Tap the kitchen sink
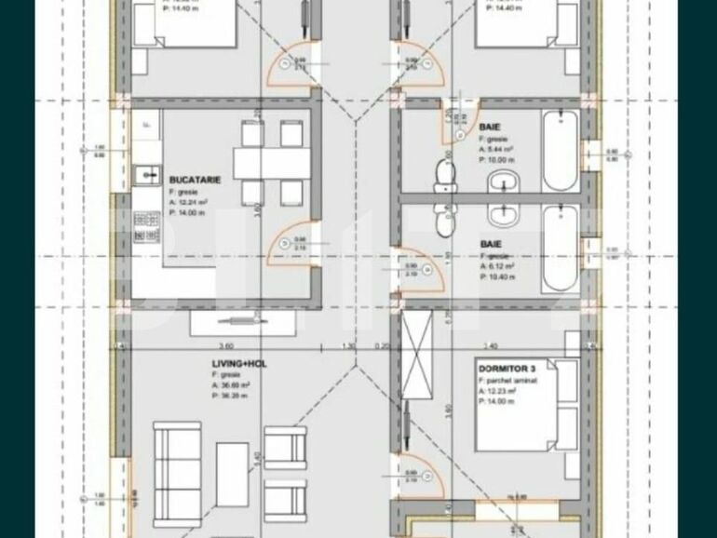[144, 173]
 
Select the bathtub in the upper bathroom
[561, 150]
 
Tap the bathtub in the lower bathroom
[561, 249]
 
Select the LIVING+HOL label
[238, 364]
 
